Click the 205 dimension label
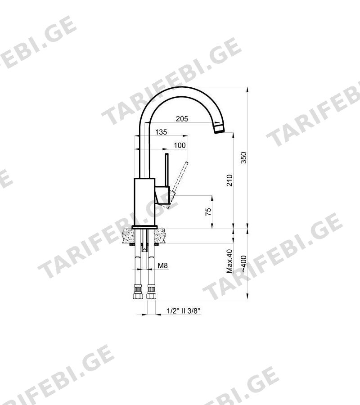point(182,119)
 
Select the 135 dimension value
point(161,132)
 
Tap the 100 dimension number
point(180,145)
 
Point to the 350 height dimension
point(243,158)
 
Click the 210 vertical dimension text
point(229,180)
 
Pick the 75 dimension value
point(208,211)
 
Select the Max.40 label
point(229,261)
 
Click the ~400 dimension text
point(243,263)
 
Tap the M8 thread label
point(163,265)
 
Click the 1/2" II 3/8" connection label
point(184,310)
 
